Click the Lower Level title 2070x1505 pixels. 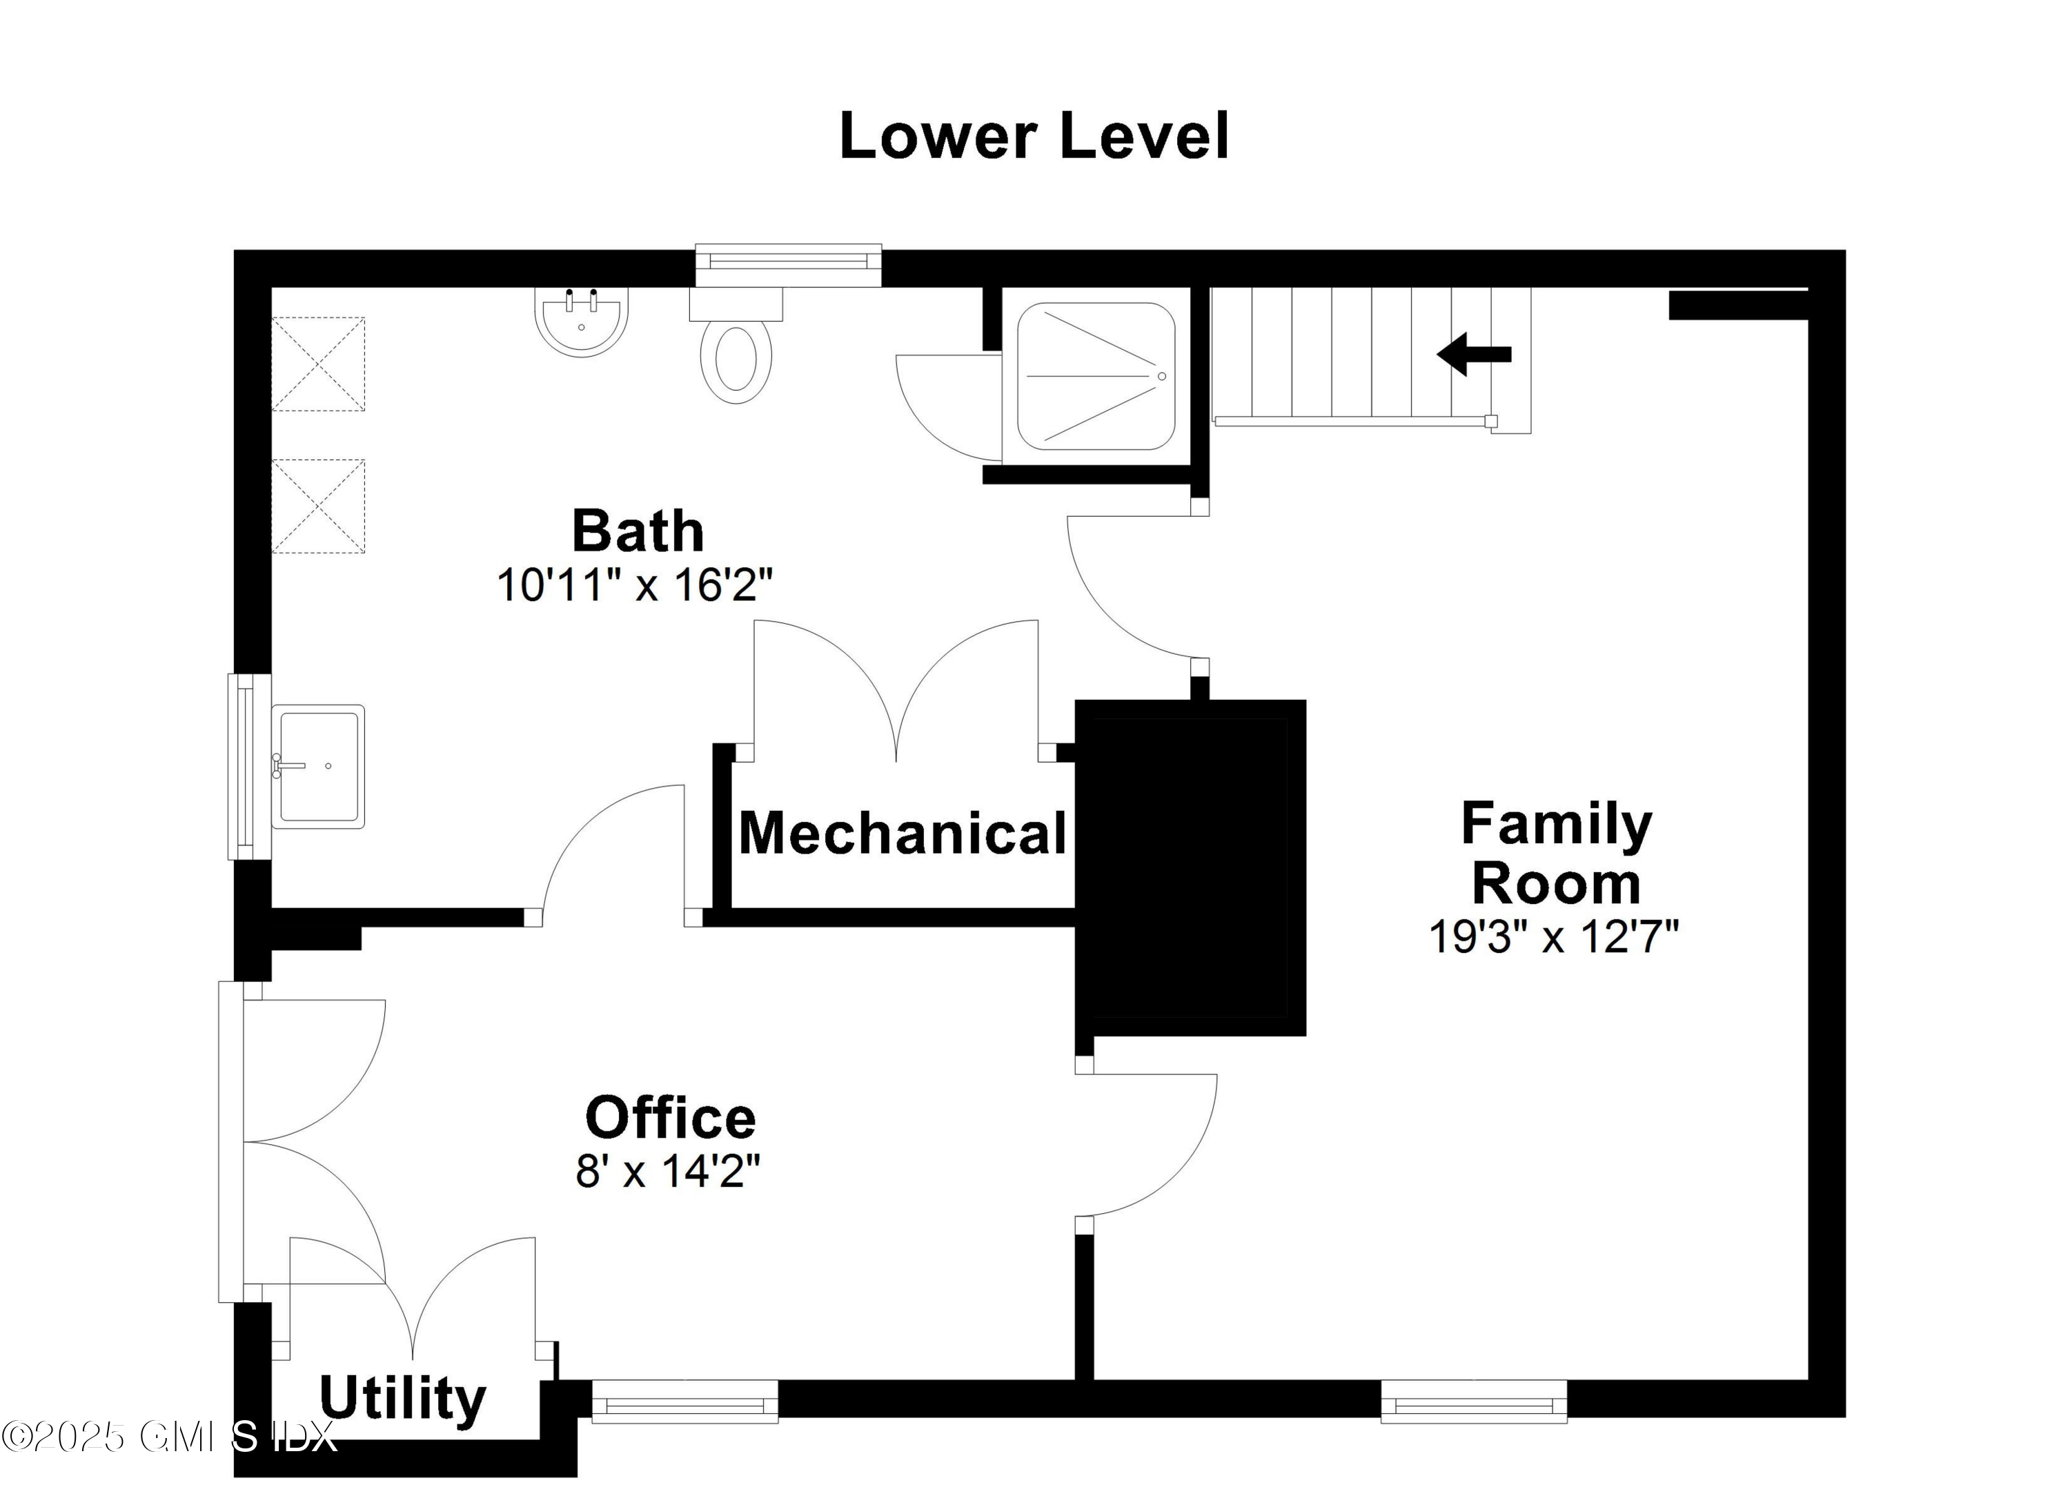[x=1034, y=137]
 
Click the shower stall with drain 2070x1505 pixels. [x=1095, y=376]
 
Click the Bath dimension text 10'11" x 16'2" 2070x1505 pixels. [x=634, y=585]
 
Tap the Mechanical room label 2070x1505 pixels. [x=902, y=834]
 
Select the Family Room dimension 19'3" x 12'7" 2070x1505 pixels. [x=1553, y=936]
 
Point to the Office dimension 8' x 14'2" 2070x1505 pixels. [x=667, y=1171]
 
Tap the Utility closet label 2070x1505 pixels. [x=402, y=1398]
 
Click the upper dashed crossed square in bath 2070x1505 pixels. [x=319, y=363]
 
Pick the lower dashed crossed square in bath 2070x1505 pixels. [x=319, y=506]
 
